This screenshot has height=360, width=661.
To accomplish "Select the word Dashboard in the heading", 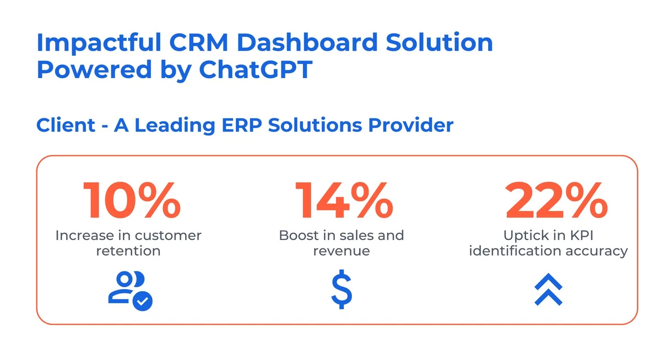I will tap(301, 42).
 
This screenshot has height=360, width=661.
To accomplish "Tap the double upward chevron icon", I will tap(548, 290).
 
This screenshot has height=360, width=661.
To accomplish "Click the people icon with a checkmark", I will tap(130, 290).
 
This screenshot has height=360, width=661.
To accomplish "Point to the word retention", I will tap(128, 251).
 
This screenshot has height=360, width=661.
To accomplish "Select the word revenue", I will tap(342, 251).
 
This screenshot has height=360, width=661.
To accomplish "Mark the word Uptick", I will tap(523, 236).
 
